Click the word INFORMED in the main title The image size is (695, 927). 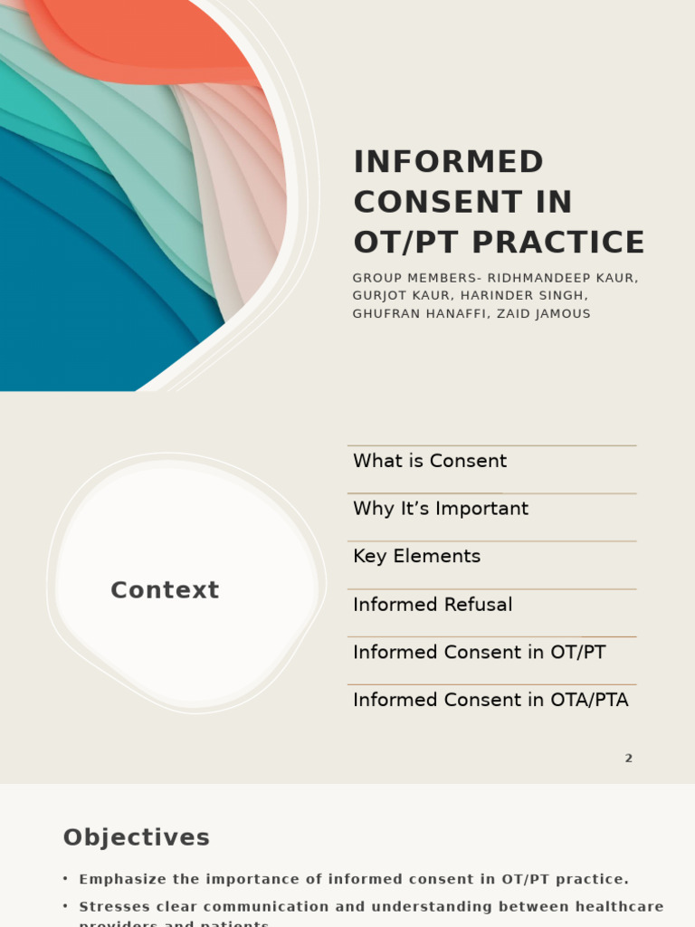tap(448, 162)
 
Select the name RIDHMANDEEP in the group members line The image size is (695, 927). tap(527, 279)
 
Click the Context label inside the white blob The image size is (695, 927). tap(165, 590)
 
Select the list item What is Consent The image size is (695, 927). tap(430, 461)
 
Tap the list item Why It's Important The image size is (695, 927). tap(441, 509)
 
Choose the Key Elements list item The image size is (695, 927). tap(416, 557)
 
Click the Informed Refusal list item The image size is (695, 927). tap(433, 605)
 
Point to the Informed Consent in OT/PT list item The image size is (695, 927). tap(479, 653)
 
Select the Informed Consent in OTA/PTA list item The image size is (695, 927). tap(490, 701)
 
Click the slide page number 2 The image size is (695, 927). tap(628, 759)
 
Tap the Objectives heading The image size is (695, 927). tap(137, 838)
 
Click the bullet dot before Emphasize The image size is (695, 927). tap(65, 879)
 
